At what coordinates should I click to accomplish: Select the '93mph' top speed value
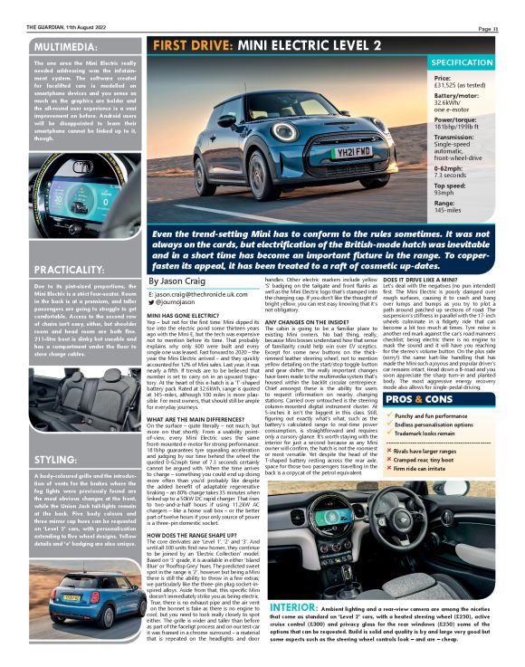click(445, 193)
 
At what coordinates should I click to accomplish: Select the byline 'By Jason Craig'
click(177, 283)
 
